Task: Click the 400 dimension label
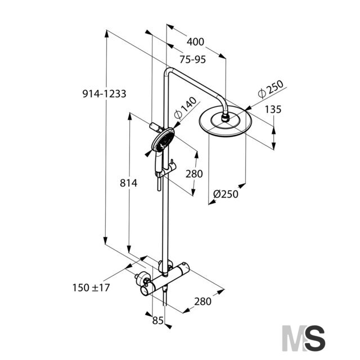point(195,42)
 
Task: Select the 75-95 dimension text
point(192,60)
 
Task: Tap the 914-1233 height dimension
point(104,94)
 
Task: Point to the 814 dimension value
point(129,183)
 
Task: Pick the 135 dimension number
point(273,109)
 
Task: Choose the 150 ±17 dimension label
point(91,287)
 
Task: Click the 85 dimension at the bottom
point(158,321)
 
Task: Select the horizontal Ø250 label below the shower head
point(226,194)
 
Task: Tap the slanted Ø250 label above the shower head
point(271,89)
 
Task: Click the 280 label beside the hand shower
point(194,174)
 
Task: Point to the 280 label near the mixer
point(202,301)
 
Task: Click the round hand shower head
point(163,140)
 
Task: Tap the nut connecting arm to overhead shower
point(225,118)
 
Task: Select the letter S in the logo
point(315,338)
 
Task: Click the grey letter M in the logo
point(295,338)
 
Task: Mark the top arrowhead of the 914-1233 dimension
point(106,34)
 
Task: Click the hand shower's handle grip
point(159,163)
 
